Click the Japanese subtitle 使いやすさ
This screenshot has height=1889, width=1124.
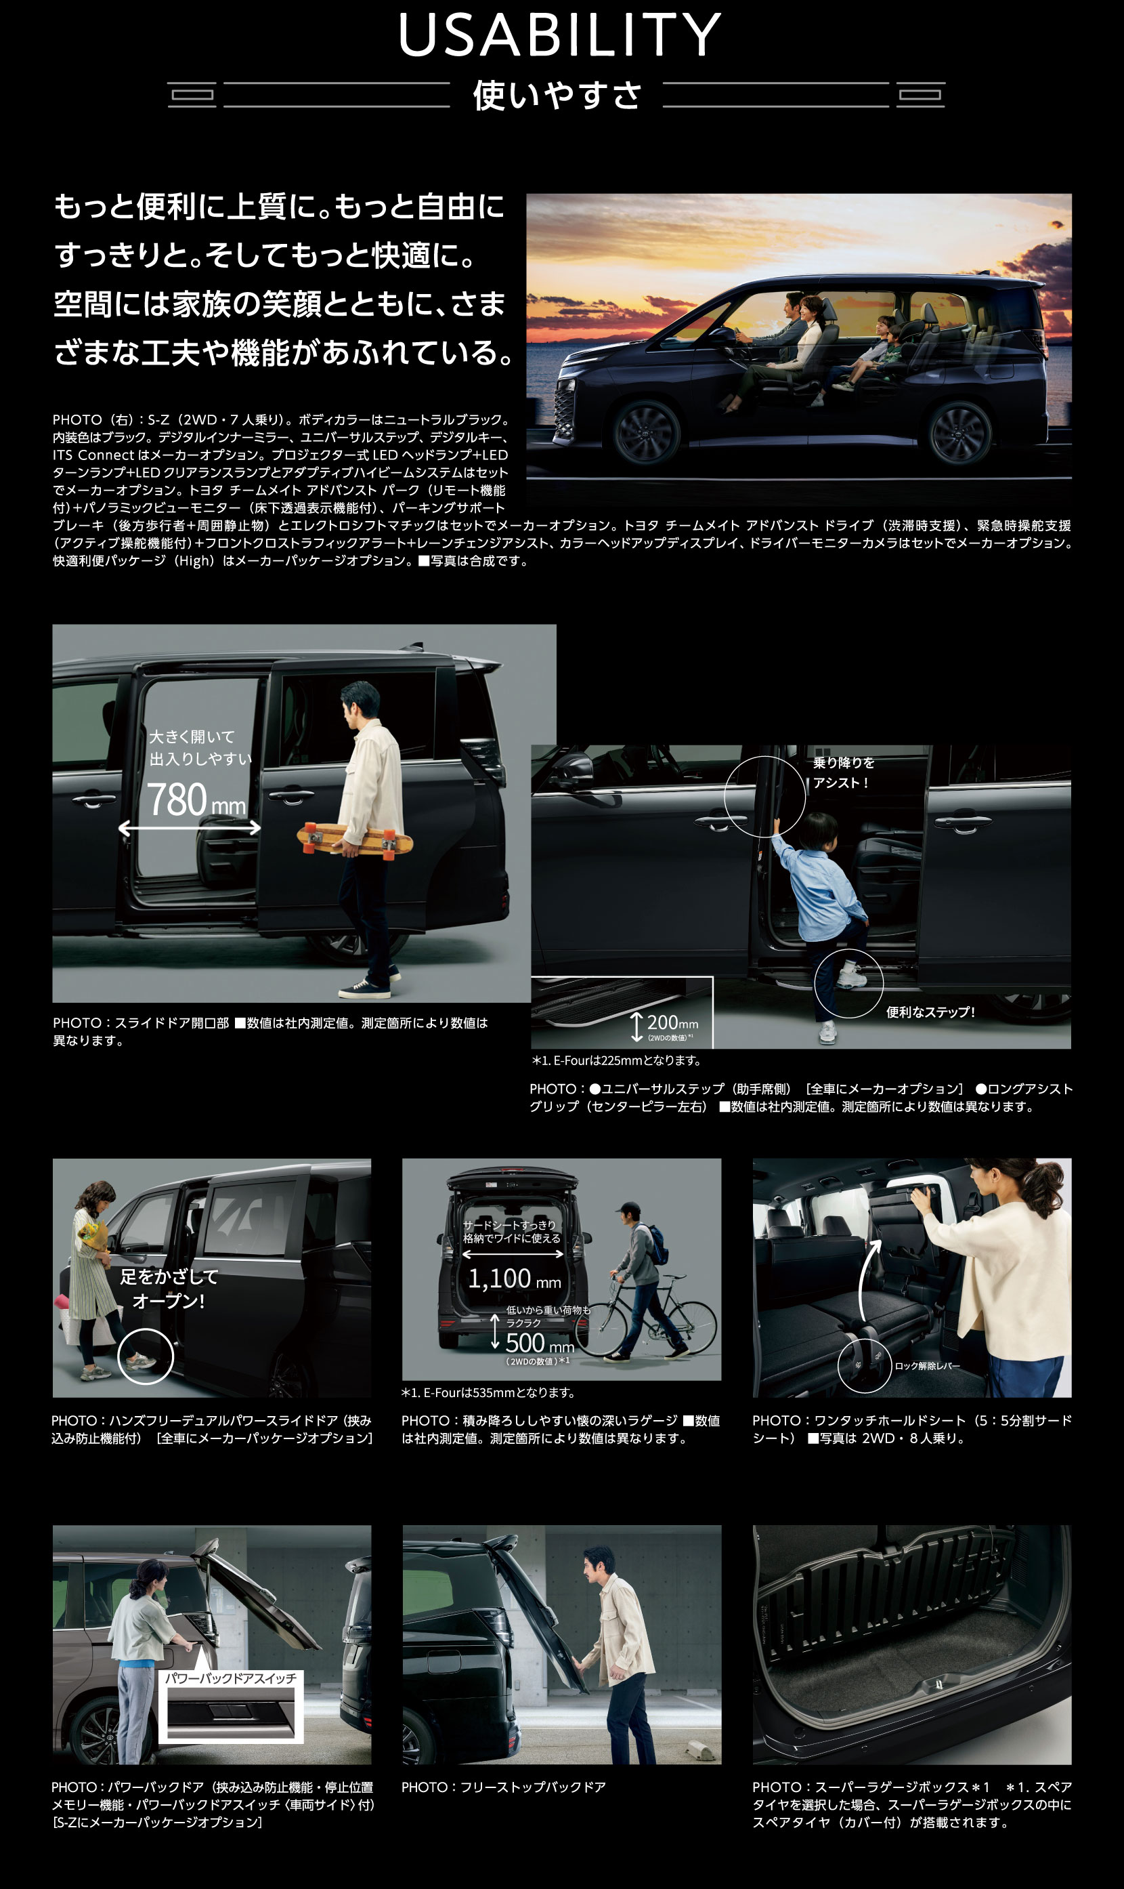[557, 96]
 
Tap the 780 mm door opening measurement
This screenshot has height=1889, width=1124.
[196, 800]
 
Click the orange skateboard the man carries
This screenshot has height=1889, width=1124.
[355, 838]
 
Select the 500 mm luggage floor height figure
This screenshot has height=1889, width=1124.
[539, 1343]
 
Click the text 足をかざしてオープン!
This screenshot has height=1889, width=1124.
[168, 1288]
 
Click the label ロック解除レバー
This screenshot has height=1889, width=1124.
[927, 1365]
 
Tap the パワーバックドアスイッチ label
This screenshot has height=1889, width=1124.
[231, 1678]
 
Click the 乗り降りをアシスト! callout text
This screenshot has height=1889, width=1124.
[843, 772]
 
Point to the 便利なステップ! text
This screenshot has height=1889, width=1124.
[930, 1012]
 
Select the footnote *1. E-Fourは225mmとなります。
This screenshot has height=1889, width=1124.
[615, 1060]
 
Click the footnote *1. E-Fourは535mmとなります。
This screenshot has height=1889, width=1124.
[488, 1392]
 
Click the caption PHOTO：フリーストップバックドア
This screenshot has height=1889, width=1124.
[504, 1787]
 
